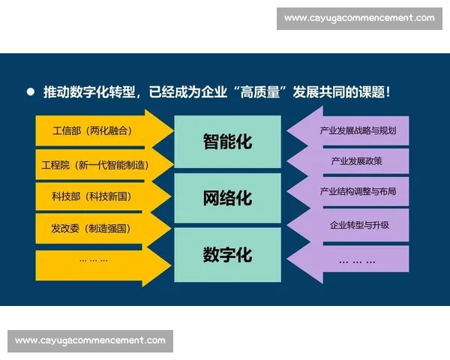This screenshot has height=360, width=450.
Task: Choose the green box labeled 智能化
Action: [227, 141]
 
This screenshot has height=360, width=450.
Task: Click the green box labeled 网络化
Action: [227, 198]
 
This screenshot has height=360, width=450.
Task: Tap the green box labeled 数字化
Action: [227, 254]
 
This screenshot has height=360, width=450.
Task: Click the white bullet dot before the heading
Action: [31, 91]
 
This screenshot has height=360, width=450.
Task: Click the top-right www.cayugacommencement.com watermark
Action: [359, 18]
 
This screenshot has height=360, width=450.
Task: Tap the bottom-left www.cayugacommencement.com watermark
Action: [90, 340]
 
